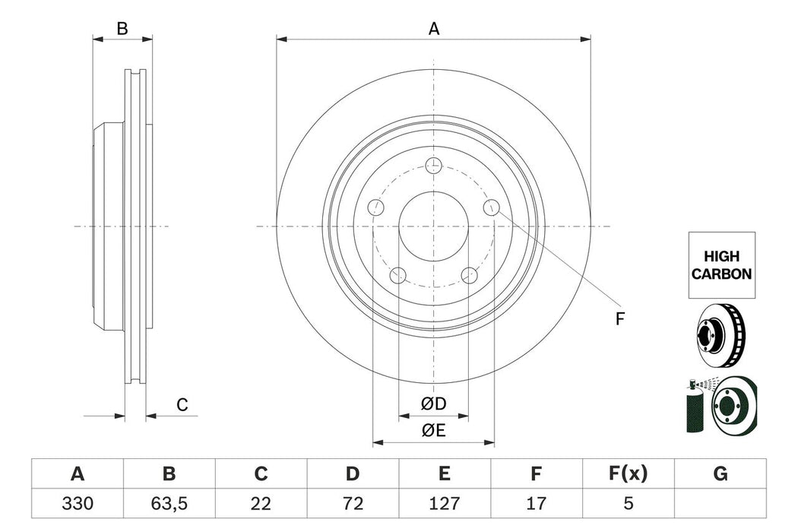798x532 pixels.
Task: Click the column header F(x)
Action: [x=628, y=474]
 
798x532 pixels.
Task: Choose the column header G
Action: [x=720, y=474]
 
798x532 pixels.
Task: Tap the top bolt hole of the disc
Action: [x=433, y=165]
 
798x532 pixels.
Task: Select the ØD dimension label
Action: [x=434, y=404]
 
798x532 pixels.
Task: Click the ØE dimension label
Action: [x=434, y=430]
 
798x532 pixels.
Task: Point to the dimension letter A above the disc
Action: [x=434, y=29]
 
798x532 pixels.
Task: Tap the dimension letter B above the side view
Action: [x=122, y=30]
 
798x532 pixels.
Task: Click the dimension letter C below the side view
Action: [x=182, y=405]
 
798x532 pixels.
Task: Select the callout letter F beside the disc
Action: [x=619, y=319]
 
